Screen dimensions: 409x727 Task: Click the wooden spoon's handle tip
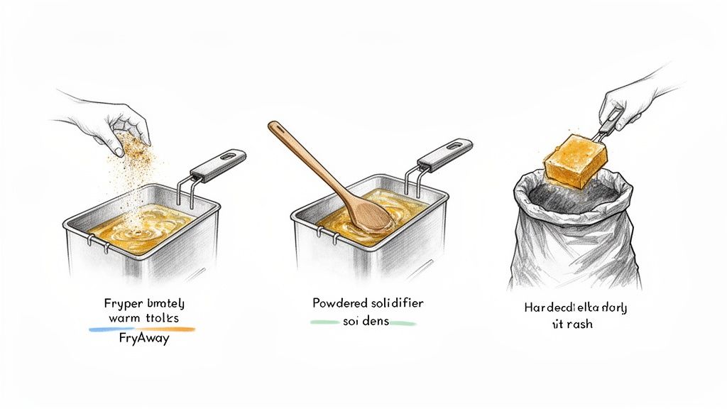coord(273,127)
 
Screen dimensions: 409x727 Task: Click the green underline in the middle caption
coord(362,323)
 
